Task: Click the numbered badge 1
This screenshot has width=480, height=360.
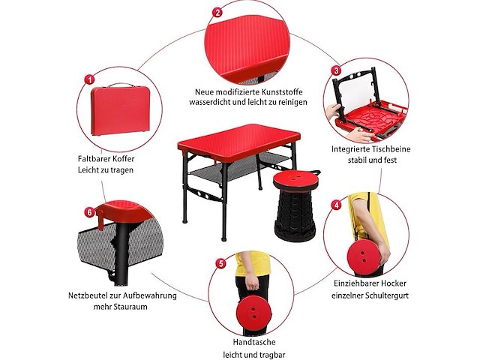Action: tap(89, 80)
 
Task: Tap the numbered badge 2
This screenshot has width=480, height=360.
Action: tap(217, 12)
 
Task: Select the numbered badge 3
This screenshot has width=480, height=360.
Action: tap(336, 70)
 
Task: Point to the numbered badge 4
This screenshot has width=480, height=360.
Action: tap(337, 205)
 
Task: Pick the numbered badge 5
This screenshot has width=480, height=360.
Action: tap(221, 263)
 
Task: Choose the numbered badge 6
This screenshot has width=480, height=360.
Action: tap(89, 212)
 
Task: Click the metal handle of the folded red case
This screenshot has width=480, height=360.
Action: tap(121, 85)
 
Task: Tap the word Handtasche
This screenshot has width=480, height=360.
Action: tap(254, 342)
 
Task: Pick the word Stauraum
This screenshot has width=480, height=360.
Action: tap(130, 307)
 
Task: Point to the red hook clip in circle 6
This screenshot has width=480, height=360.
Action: tap(100, 219)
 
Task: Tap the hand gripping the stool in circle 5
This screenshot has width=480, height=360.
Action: tap(252, 281)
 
